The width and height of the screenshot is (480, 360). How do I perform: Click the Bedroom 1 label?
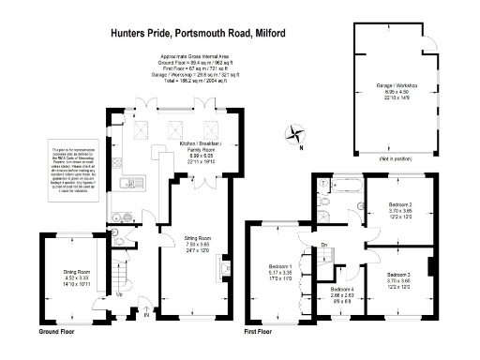[280, 273]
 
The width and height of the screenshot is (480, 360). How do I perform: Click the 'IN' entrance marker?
[146, 315]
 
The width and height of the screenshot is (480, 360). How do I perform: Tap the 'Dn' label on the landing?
[323, 246]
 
